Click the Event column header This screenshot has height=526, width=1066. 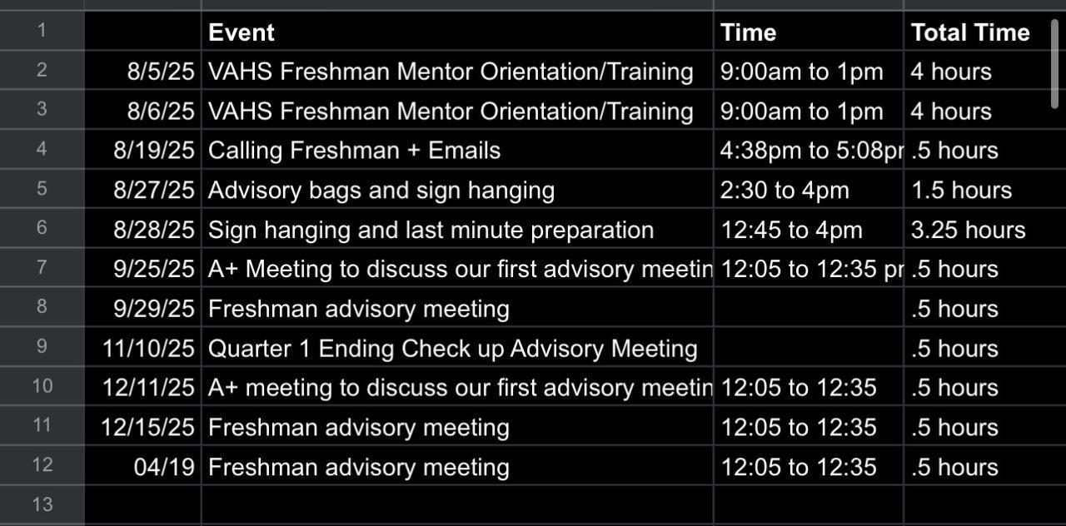coord(242,32)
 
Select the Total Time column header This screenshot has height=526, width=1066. coord(970,32)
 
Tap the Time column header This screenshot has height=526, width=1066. coord(748,32)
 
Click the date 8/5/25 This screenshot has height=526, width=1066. coord(161,72)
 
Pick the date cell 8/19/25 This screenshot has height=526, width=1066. coord(154,151)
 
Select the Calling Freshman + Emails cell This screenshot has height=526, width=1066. coord(355,151)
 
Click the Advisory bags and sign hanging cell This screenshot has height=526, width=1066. coord(381,191)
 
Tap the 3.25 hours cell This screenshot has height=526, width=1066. coord(968,231)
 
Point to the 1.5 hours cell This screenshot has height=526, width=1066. coord(961,191)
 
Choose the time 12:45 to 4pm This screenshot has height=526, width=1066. coord(791,231)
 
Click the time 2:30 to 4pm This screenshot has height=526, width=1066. coord(785,191)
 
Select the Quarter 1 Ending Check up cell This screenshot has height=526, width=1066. coord(452,349)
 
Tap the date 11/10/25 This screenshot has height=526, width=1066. coord(148,349)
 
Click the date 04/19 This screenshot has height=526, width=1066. coord(164,467)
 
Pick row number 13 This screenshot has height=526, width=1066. coord(42,504)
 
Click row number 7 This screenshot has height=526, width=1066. coord(42,267)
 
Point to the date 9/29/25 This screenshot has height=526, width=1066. coord(154,309)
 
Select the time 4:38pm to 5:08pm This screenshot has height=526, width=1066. coord(812,151)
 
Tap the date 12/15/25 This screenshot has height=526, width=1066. coord(148,428)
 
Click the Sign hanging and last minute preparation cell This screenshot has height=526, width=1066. coord(431,231)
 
